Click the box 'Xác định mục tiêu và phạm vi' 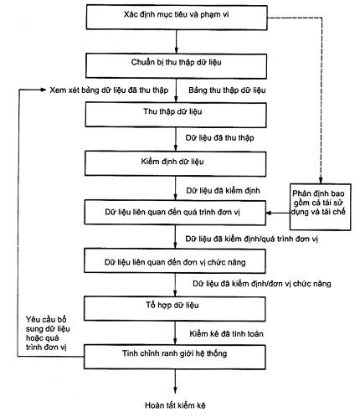click(177, 18)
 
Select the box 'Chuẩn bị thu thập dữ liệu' click(176, 66)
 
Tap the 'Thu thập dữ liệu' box click(176, 115)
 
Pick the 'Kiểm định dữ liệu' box click(176, 163)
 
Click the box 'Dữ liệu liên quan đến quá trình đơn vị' click(175, 213)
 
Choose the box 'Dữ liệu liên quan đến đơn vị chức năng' click(175, 261)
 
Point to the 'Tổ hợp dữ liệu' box click(175, 309)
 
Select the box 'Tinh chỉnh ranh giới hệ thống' click(175, 357)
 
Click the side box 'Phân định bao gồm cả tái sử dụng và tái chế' click(320, 207)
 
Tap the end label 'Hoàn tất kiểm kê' click(175, 405)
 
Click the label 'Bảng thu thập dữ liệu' click(227, 90)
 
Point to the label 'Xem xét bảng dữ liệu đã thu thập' click(109, 90)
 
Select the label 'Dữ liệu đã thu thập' click(219, 138)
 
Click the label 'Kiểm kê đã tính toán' click(226, 334)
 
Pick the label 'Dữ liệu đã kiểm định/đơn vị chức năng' click(262, 284)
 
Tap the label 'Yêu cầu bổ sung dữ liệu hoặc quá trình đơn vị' click(48, 333)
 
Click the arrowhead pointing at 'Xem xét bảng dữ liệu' click(44, 90)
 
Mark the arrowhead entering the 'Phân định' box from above click(321, 180)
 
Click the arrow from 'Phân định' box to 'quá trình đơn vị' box click(278, 213)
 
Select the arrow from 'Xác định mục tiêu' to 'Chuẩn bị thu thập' click(176, 42)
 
